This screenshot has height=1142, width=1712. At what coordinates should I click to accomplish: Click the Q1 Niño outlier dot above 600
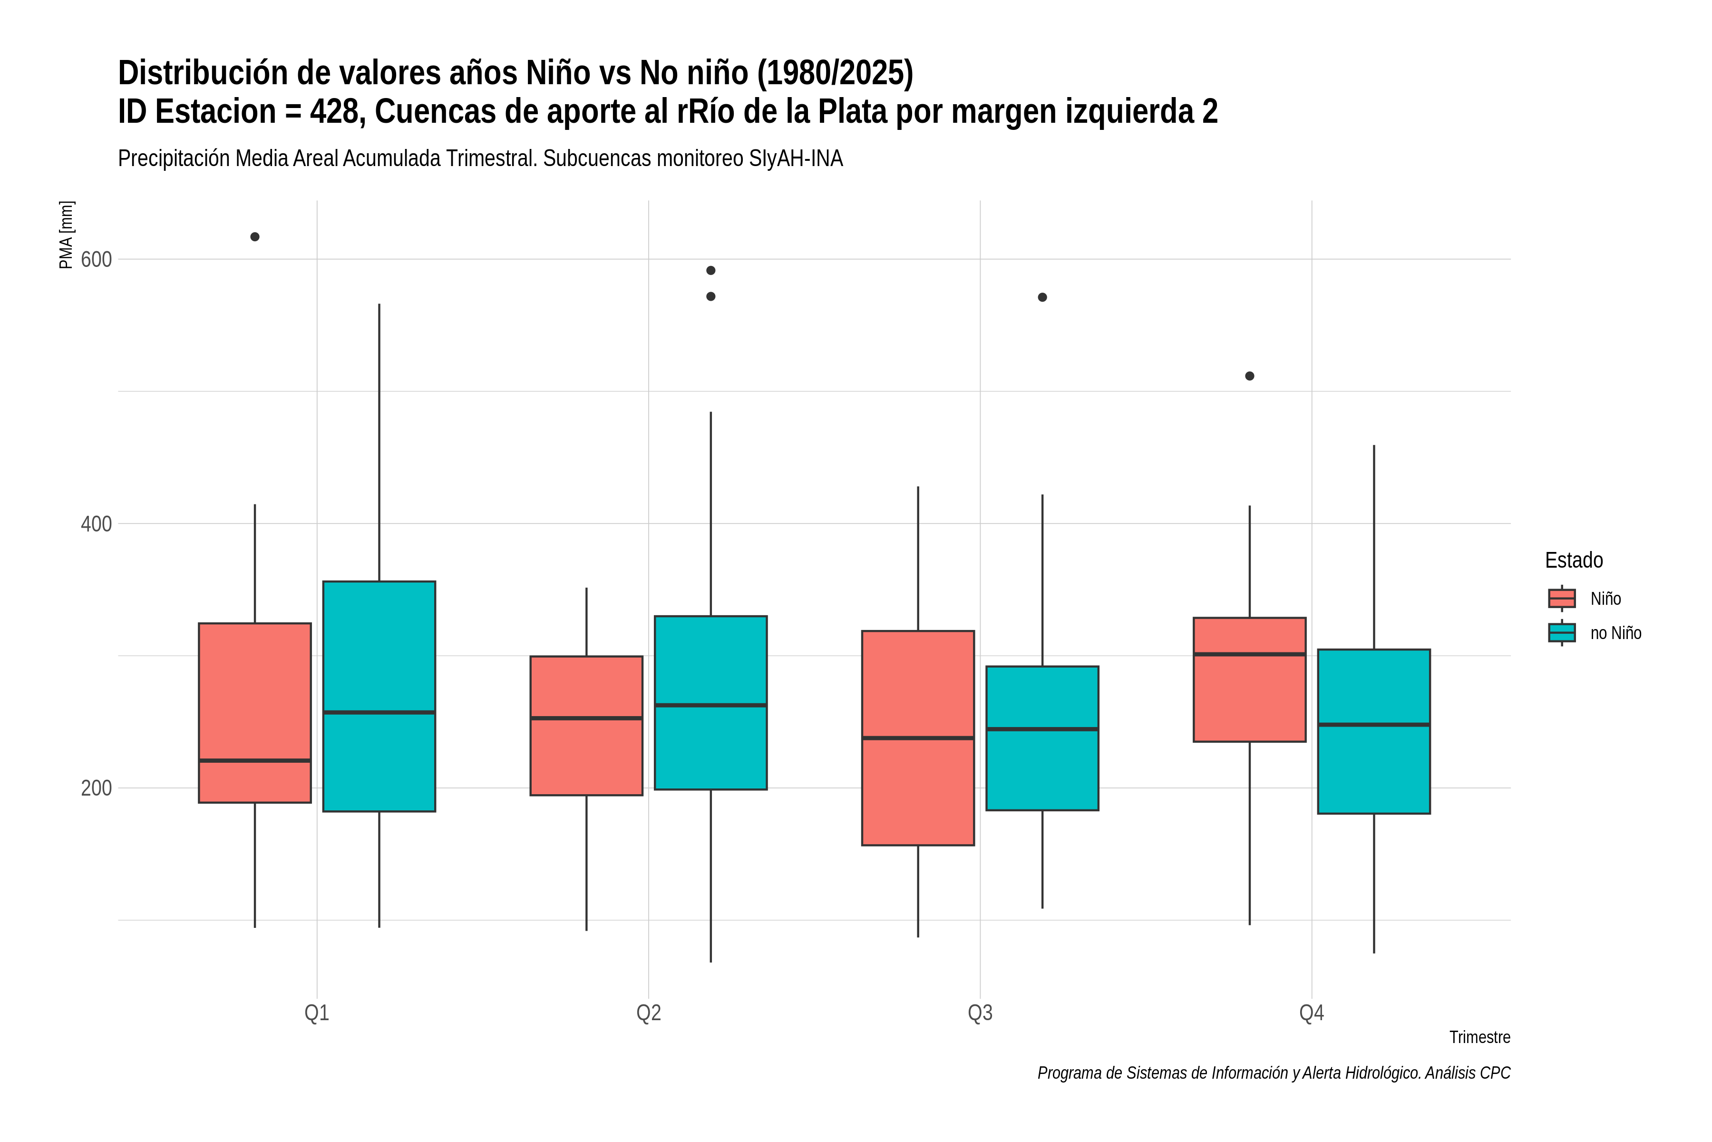pos(255,236)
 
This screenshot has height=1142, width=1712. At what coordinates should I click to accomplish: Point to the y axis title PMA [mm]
pos(66,235)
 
